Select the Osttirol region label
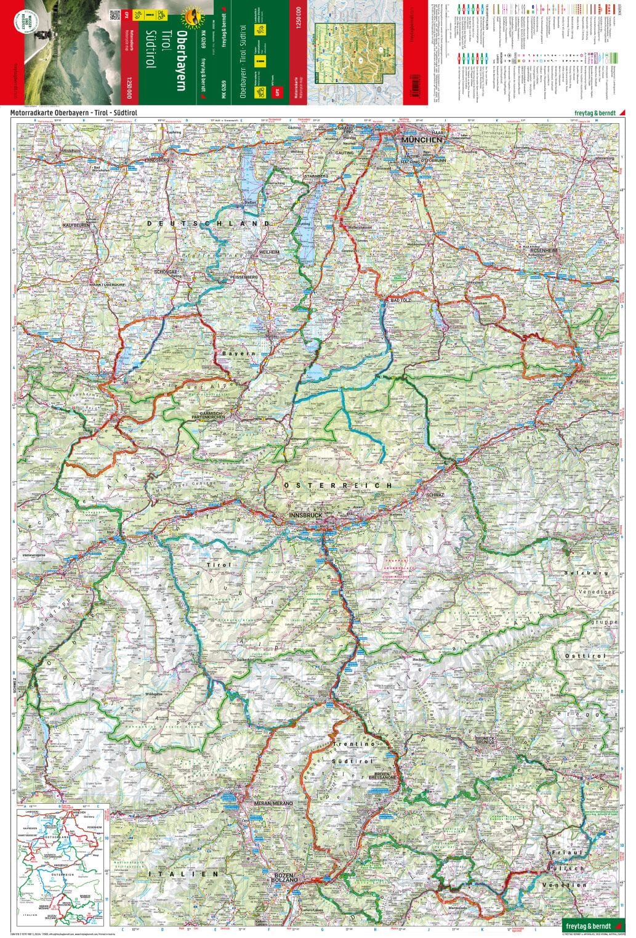click(x=584, y=656)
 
